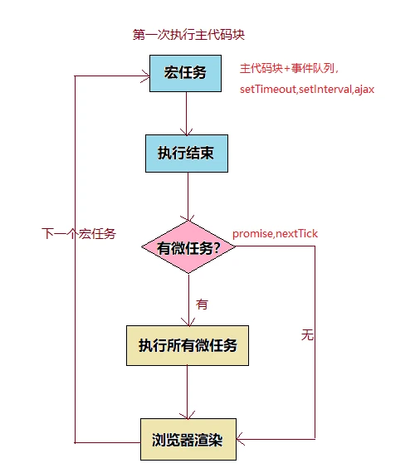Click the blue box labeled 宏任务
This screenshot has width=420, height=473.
[185, 73]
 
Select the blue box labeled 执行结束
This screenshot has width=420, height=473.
[187, 154]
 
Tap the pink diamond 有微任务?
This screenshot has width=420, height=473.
[188, 247]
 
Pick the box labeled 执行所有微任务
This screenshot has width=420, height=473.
[188, 345]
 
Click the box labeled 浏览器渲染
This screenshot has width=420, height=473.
[188, 439]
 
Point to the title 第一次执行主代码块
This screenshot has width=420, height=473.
[188, 35]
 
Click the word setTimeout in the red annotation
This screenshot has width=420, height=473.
[268, 90]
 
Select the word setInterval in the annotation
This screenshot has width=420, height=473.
[325, 90]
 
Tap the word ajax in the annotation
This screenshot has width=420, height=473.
[364, 90]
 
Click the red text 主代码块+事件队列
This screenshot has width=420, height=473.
[287, 68]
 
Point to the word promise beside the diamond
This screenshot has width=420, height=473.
[252, 234]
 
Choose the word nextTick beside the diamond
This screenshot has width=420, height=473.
[296, 233]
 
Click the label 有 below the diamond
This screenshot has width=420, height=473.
[202, 304]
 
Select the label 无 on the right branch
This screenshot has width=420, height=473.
[307, 335]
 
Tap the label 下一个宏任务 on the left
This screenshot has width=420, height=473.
[79, 234]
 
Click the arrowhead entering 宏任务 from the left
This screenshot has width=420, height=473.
[146, 76]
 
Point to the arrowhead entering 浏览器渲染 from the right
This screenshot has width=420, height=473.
[240, 439]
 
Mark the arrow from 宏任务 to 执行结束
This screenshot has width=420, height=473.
[187, 114]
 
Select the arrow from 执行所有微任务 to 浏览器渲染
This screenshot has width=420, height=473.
[188, 393]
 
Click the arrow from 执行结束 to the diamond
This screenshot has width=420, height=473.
[188, 197]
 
